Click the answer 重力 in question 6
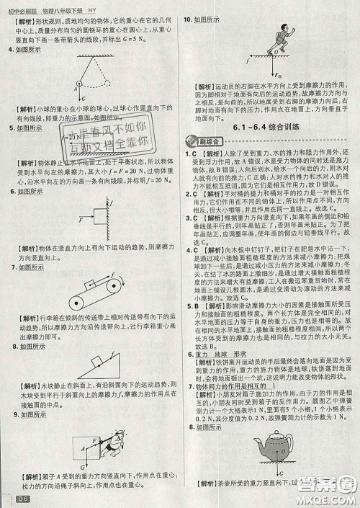tap(200, 355)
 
